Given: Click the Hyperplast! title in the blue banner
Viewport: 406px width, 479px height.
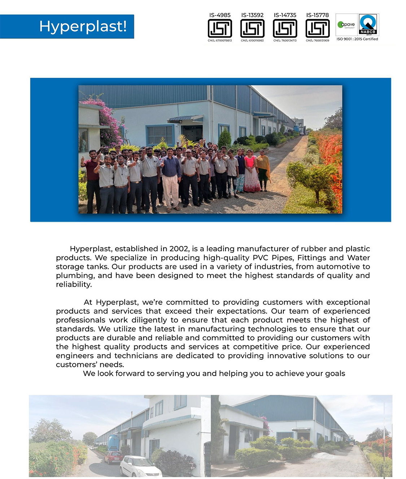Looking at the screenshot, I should (x=83, y=26).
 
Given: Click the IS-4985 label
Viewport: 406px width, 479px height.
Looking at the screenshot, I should (x=220, y=15).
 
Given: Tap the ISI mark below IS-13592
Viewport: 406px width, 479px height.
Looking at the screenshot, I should (x=252, y=28).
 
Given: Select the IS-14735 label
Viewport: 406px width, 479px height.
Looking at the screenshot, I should (x=285, y=15).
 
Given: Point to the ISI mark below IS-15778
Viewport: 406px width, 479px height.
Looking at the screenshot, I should (x=317, y=28).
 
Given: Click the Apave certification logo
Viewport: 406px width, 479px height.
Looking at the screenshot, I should (x=346, y=25).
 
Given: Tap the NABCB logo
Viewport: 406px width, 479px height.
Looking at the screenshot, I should (x=368, y=24).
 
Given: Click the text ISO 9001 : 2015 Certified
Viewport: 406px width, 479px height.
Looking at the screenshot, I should (x=357, y=39).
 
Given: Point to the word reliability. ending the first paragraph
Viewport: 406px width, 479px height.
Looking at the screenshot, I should (x=74, y=285).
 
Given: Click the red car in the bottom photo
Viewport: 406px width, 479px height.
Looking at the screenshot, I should (x=113, y=457).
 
